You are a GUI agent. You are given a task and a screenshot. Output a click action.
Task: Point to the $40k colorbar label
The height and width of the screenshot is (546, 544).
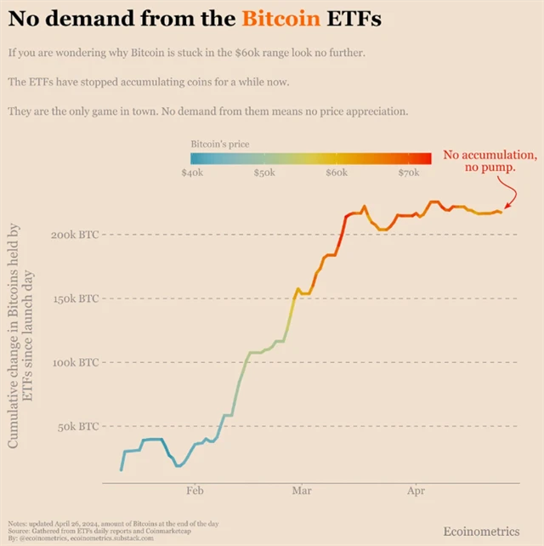pyautogui.click(x=191, y=173)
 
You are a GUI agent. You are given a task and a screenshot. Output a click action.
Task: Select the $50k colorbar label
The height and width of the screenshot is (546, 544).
pyautogui.click(x=264, y=173)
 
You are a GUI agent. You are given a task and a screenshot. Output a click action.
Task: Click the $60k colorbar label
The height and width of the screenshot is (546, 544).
pyautogui.click(x=337, y=173)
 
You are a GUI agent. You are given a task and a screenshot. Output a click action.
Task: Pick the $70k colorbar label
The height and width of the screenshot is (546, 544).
pyautogui.click(x=409, y=173)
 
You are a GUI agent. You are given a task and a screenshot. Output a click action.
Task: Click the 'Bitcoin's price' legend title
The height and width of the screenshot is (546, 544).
pyautogui.click(x=219, y=144)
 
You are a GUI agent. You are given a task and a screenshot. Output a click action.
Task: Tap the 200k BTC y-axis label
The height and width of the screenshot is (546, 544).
pyautogui.click(x=78, y=235)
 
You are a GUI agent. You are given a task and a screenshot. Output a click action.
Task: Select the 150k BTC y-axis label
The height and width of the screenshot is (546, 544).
pyautogui.click(x=78, y=299)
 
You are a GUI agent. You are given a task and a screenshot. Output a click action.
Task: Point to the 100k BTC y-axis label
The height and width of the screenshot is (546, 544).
pyautogui.click(x=78, y=362)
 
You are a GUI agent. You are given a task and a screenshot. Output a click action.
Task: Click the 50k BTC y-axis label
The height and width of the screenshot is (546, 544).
pyautogui.click(x=82, y=426)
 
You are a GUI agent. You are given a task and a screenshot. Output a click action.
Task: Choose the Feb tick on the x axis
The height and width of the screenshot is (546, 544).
pyautogui.click(x=195, y=491)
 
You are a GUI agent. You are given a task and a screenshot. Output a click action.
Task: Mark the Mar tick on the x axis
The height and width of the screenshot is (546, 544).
pyautogui.click(x=302, y=491)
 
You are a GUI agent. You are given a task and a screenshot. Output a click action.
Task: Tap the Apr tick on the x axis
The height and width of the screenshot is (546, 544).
pyautogui.click(x=416, y=491)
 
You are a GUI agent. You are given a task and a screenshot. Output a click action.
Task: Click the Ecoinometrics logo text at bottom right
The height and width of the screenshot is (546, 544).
pyautogui.click(x=481, y=531)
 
